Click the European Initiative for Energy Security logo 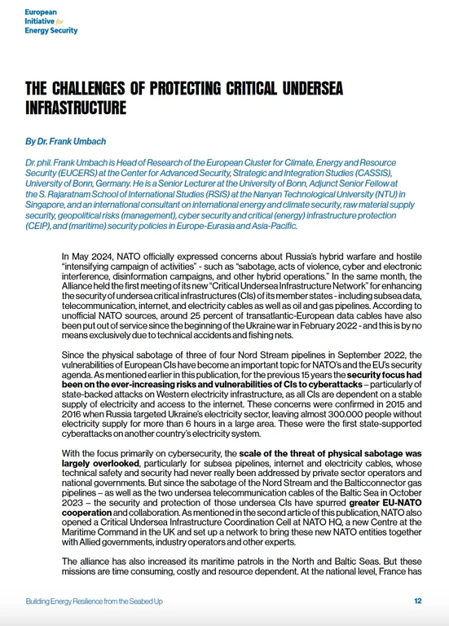tap(51, 22)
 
